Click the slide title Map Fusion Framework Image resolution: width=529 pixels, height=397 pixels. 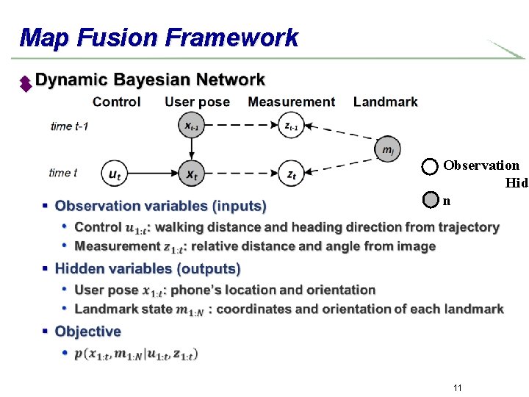pyautogui.click(x=159, y=37)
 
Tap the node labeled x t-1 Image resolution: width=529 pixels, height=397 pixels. pyautogui.click(x=190, y=126)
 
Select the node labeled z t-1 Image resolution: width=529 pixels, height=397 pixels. pyautogui.click(x=292, y=126)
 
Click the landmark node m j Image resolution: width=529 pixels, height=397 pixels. pyautogui.click(x=387, y=149)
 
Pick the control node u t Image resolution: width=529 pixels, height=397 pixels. pyautogui.click(x=114, y=174)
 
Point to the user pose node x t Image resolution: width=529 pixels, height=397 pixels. pyautogui.click(x=190, y=174)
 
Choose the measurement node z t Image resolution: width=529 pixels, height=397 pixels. pyautogui.click(x=292, y=174)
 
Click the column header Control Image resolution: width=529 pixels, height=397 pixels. pyautogui.click(x=117, y=102)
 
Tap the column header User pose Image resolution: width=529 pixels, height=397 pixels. pyautogui.click(x=197, y=102)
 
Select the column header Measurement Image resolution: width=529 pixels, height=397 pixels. pyautogui.click(x=291, y=102)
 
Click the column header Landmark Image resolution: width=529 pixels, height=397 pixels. pyautogui.click(x=385, y=102)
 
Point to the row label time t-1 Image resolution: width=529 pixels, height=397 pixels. pyautogui.click(x=70, y=126)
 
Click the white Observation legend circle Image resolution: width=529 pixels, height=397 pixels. pyautogui.click(x=431, y=166)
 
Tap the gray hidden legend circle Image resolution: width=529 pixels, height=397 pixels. pyautogui.click(x=431, y=199)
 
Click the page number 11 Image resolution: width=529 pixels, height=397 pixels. pyautogui.click(x=457, y=387)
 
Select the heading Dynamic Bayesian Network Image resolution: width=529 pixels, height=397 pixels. pyautogui.click(x=150, y=80)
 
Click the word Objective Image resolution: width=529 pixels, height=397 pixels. pyautogui.click(x=88, y=332)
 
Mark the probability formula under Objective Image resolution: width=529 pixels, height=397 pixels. pyautogui.click(x=136, y=354)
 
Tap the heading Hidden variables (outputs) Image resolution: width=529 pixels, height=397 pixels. pyautogui.click(x=148, y=269)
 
